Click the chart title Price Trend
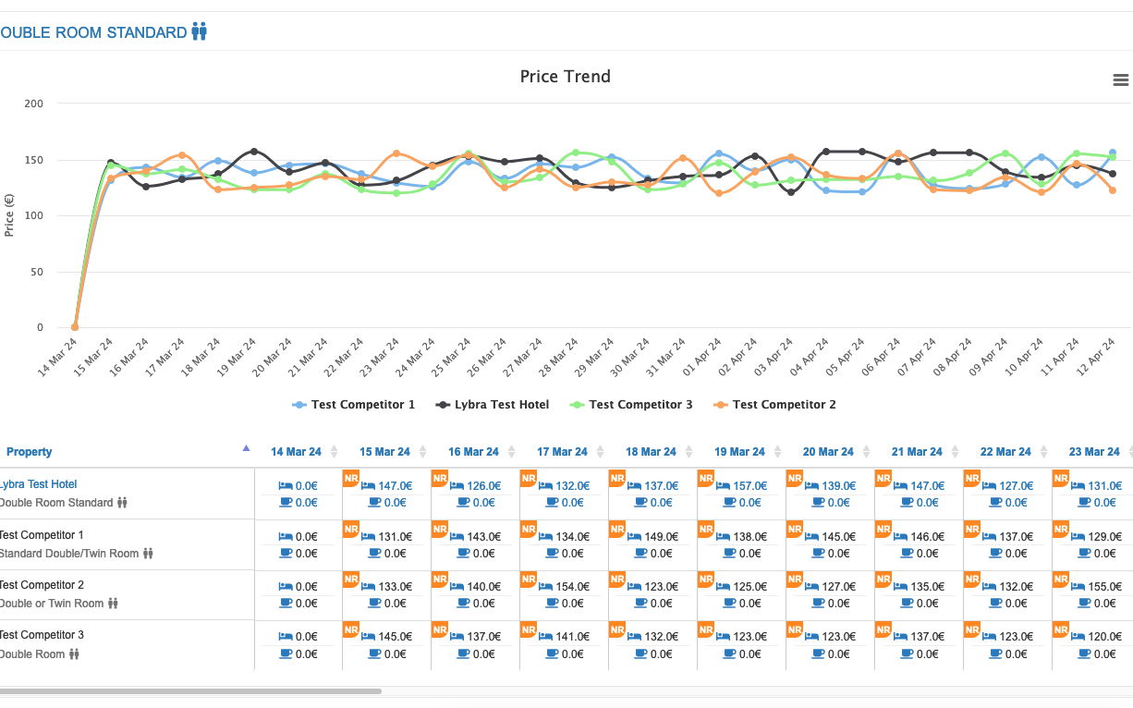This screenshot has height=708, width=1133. (x=565, y=77)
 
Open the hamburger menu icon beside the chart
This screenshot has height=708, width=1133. (x=1120, y=80)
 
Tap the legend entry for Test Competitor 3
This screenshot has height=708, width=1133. (x=631, y=405)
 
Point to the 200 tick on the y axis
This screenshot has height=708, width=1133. (x=33, y=104)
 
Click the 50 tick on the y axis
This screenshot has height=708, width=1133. (x=37, y=272)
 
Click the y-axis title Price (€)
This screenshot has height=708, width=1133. (x=9, y=215)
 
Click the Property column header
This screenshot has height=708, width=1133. (x=30, y=452)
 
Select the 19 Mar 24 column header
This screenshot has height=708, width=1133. (x=739, y=452)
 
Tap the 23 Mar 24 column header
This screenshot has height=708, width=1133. (x=1094, y=452)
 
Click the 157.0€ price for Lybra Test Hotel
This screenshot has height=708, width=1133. (x=749, y=486)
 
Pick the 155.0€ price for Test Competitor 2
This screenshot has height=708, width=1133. (x=1104, y=587)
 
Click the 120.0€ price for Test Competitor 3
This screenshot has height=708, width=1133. (x=1104, y=637)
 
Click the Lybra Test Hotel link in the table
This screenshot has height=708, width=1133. (x=38, y=484)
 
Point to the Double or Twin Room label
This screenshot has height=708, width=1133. (x=52, y=604)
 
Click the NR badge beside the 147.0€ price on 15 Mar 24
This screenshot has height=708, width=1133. (x=351, y=478)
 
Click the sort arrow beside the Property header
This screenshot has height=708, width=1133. (x=246, y=448)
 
